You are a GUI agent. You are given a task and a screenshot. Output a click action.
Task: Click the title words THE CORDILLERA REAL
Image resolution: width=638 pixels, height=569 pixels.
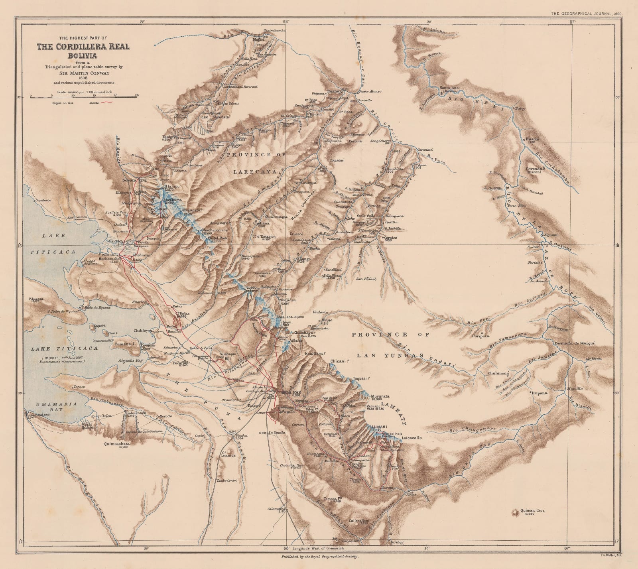pos(83,47)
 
